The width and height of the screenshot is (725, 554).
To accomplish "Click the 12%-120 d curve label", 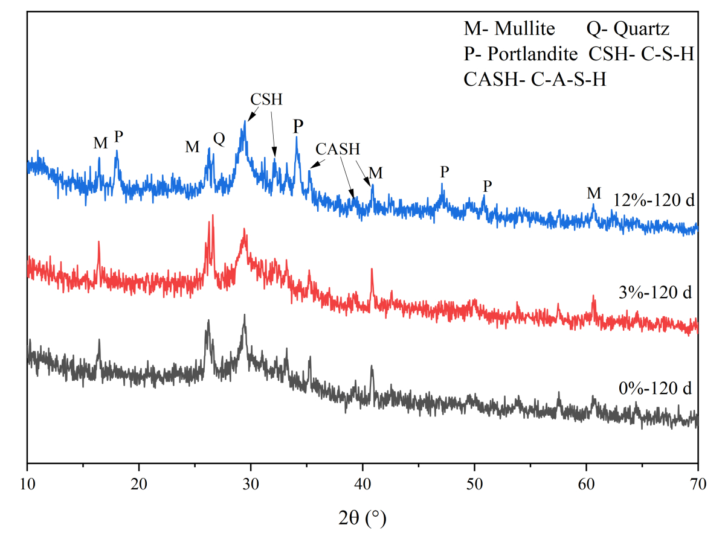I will click(655, 199).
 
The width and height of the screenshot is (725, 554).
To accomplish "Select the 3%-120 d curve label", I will click(659, 293).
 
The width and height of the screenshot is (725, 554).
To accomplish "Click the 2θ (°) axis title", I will click(362, 517).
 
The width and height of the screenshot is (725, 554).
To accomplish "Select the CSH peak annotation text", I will click(266, 99).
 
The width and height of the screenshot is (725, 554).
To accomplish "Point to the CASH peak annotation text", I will click(338, 149).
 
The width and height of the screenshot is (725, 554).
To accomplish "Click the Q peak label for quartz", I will click(219, 139).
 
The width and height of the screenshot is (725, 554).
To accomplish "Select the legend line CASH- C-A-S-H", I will click(535, 80).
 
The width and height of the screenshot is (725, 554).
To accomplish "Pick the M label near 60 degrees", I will click(594, 193).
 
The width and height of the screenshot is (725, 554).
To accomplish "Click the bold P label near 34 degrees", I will click(298, 126).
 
